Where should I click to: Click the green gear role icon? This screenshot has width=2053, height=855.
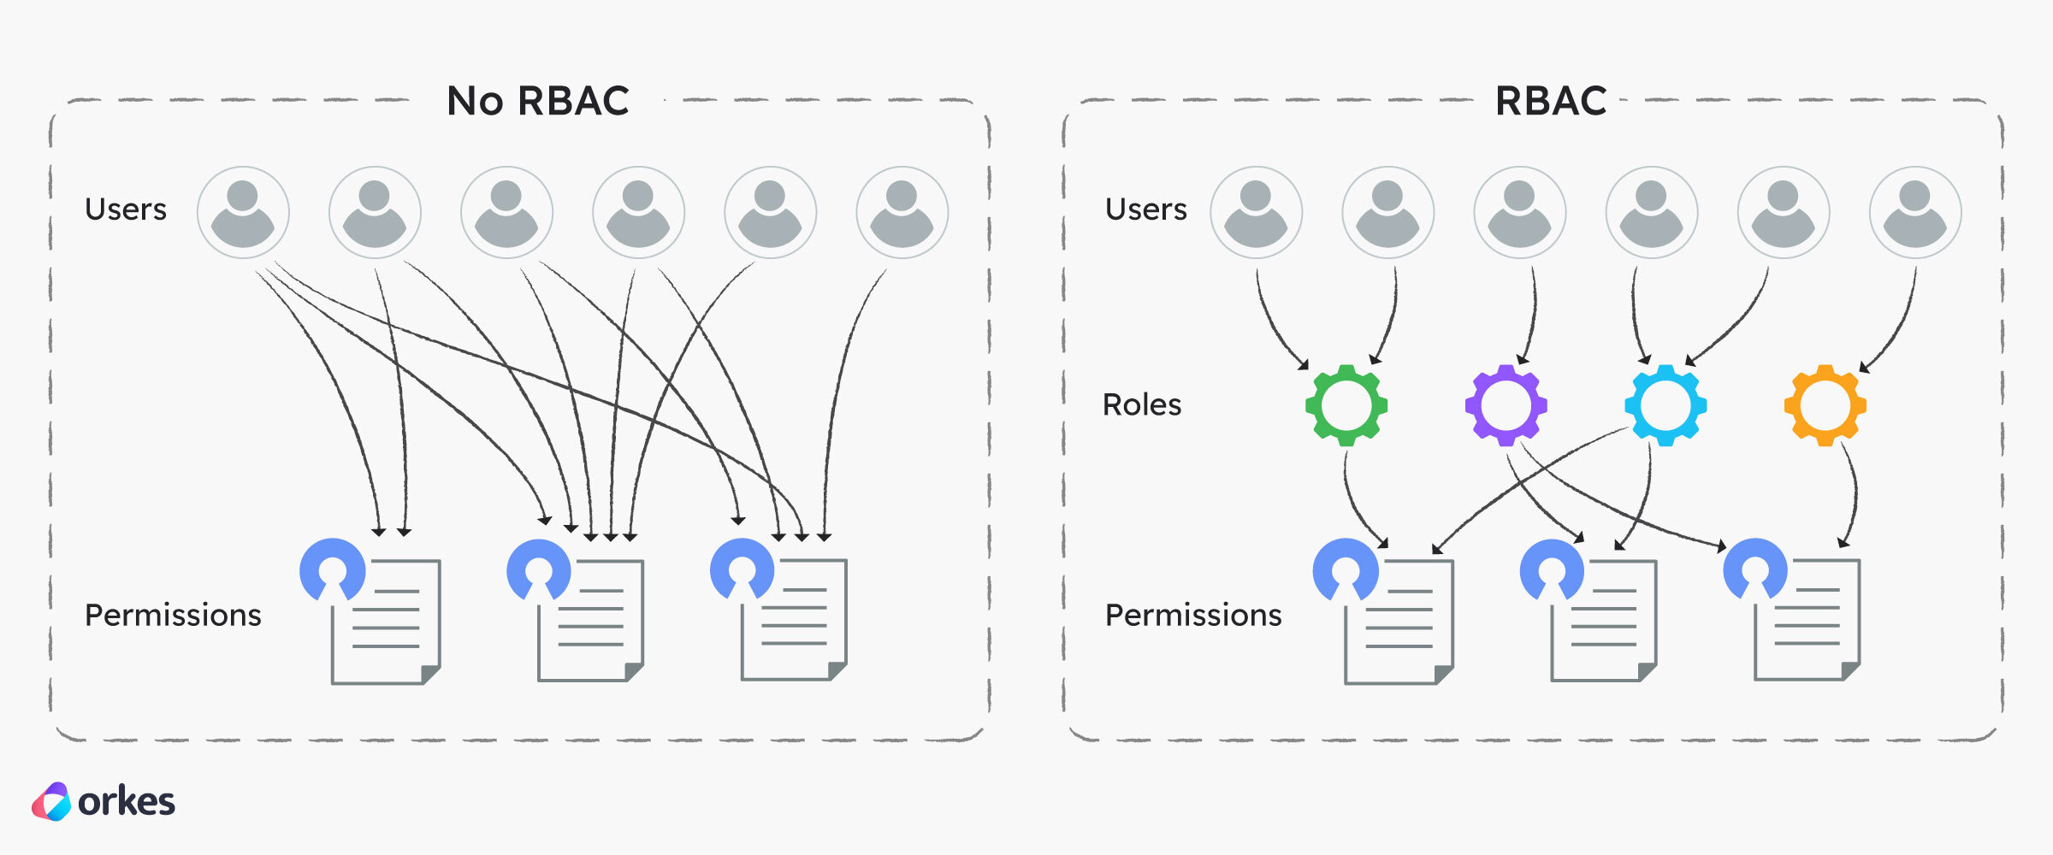tap(1346, 405)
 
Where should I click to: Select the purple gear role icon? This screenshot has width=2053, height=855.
tap(1506, 405)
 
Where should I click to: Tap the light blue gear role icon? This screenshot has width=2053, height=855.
tap(1665, 405)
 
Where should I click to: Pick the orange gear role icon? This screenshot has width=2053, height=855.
tap(1825, 405)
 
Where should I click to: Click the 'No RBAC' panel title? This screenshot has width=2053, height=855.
tap(538, 101)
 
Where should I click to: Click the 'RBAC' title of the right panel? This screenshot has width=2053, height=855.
tap(1550, 101)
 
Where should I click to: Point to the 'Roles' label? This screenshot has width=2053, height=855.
tap(1141, 404)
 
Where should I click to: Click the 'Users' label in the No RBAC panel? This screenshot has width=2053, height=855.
tap(126, 209)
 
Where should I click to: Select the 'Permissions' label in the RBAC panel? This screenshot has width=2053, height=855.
tap(1192, 615)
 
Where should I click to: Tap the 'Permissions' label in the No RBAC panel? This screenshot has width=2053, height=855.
tap(173, 615)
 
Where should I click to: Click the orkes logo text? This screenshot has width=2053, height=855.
tap(126, 802)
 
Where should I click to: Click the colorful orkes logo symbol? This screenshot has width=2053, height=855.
tap(51, 802)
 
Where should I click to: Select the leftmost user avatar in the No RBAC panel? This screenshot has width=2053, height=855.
tap(243, 213)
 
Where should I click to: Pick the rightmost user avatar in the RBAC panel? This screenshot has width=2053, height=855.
tap(1914, 213)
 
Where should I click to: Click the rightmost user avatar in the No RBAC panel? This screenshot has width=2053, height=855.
tap(902, 213)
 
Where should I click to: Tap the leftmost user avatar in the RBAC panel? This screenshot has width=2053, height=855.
tap(1256, 213)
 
